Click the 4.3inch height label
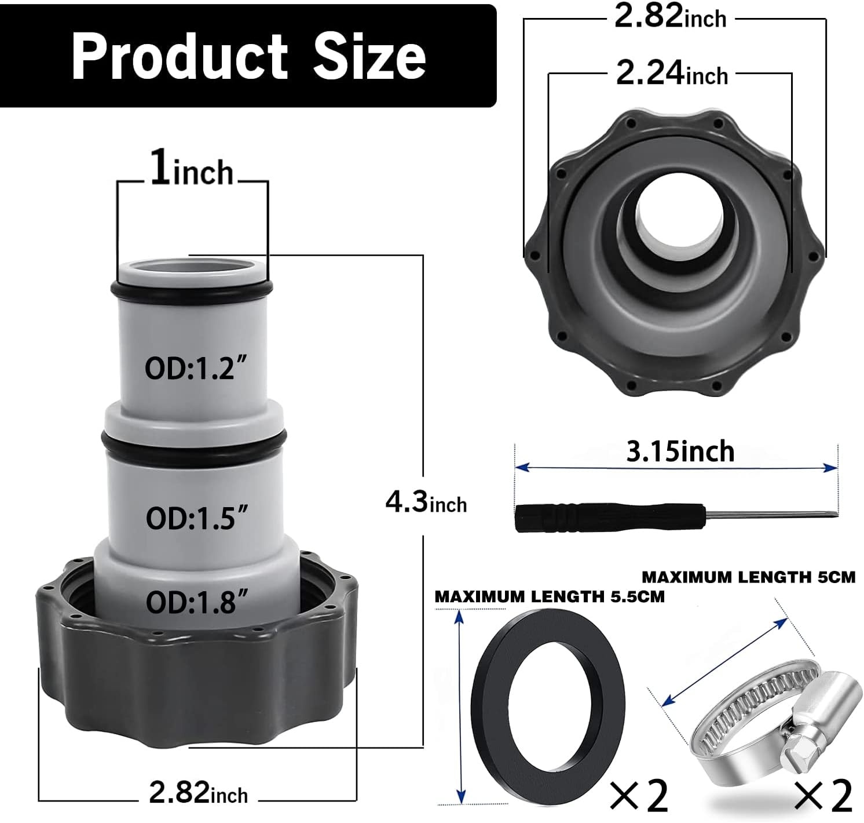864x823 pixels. tap(426, 502)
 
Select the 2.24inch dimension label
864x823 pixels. tap(671, 75)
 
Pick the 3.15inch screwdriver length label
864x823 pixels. tap(680, 451)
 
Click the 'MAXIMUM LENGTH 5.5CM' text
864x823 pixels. tap(550, 596)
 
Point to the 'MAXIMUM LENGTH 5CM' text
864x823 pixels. tap(748, 577)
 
